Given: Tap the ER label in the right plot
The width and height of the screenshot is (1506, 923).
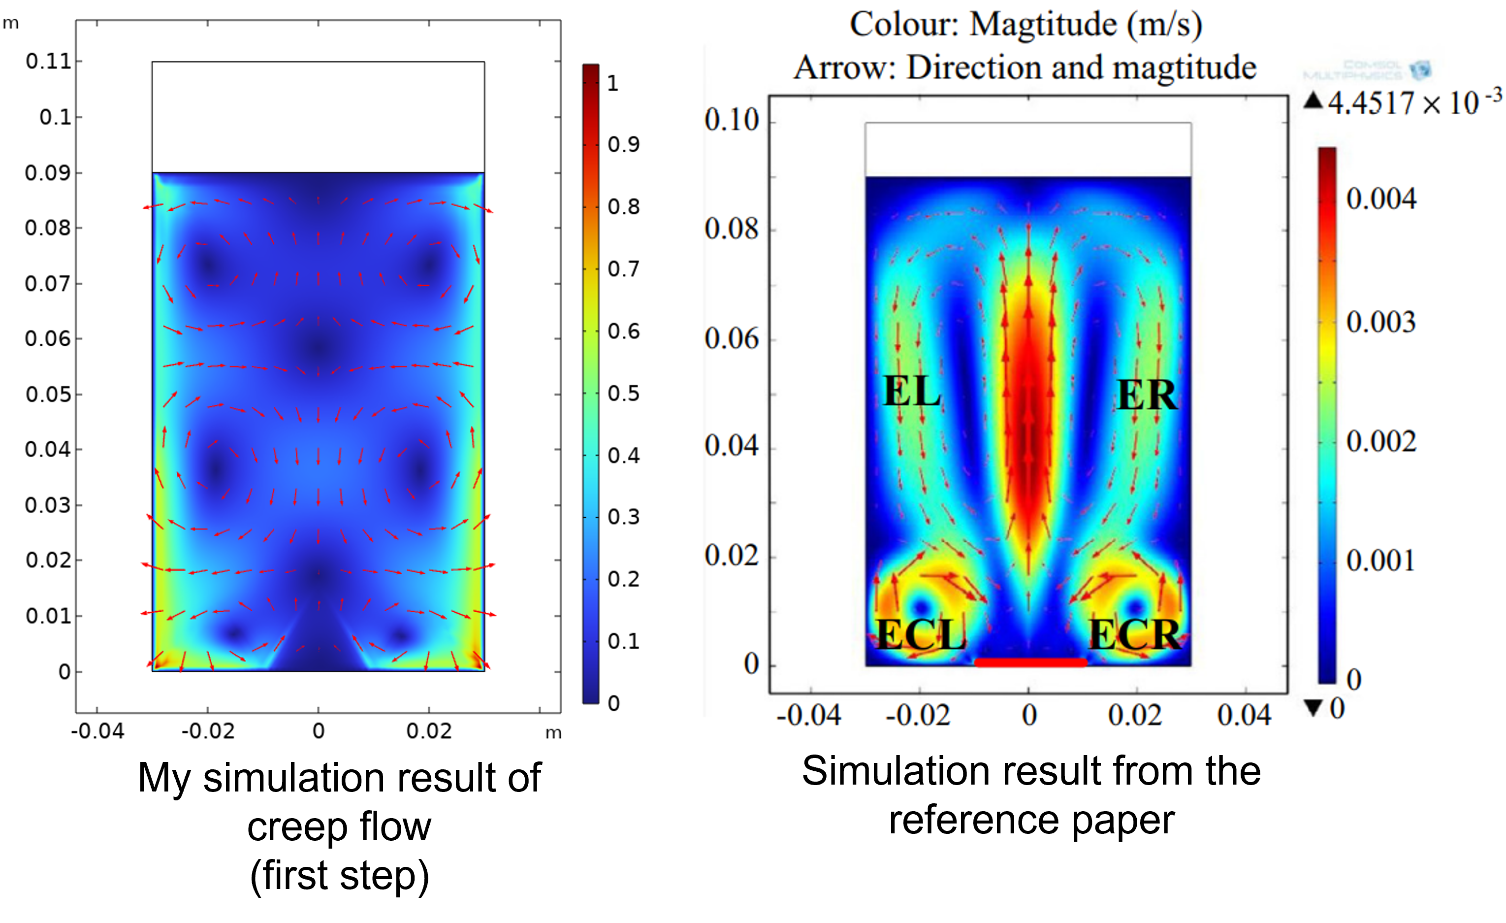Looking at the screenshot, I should (1147, 395).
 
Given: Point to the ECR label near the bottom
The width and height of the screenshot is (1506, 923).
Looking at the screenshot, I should (1134, 634).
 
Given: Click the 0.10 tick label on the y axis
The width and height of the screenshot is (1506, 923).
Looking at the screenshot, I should (731, 119).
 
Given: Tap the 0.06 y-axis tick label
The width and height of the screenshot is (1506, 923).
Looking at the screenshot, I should (731, 338).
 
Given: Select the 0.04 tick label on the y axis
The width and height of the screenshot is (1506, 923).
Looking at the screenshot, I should (731, 445).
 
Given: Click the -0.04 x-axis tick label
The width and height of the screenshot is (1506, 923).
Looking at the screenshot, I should (808, 715).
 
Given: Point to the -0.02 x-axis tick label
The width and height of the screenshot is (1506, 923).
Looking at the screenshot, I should (918, 715).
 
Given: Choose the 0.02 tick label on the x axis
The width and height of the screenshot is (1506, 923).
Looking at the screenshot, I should (1135, 715).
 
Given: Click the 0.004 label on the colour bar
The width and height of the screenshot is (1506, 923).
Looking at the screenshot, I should (1380, 199).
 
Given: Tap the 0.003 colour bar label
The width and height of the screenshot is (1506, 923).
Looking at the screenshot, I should (1380, 322).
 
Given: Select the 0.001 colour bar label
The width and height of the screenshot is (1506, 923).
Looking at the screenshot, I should (1380, 560).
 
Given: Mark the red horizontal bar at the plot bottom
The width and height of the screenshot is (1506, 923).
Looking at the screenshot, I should (1030, 662).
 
